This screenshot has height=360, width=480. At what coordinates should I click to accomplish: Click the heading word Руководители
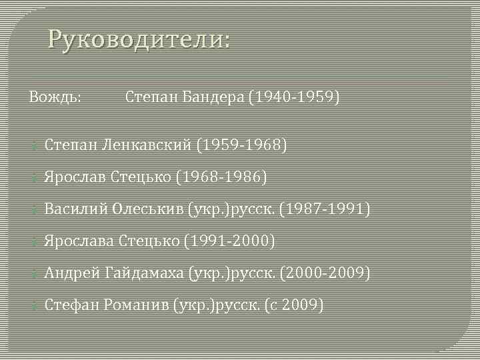(x=137, y=41)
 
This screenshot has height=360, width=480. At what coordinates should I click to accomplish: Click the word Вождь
(x=55, y=98)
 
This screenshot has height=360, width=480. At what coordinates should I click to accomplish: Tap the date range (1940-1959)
(x=294, y=98)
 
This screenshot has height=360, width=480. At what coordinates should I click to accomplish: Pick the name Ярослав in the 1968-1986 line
(x=71, y=177)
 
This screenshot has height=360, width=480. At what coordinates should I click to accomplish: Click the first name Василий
(x=71, y=209)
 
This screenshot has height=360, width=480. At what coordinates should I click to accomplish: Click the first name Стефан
(x=71, y=305)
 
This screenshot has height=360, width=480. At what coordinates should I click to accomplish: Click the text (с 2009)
(x=294, y=305)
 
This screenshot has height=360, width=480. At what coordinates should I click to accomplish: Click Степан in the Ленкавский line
(x=69, y=145)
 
